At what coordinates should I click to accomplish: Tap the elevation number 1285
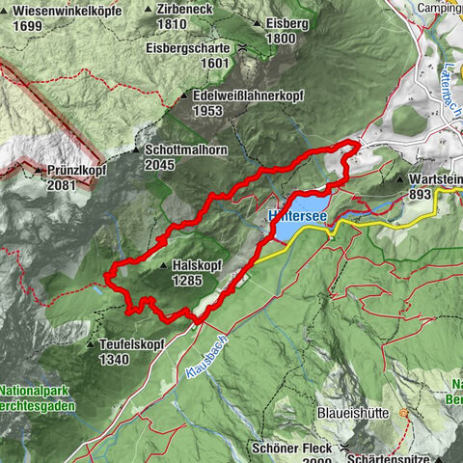point(191,280)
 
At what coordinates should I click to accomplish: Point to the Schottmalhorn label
point(183,150)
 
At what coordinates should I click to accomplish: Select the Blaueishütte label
point(353,413)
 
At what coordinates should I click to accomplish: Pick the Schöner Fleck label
point(288,449)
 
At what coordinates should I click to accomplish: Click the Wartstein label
point(434,179)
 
